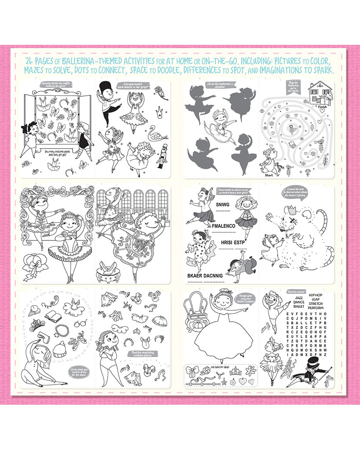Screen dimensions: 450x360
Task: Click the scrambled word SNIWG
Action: [224, 204]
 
